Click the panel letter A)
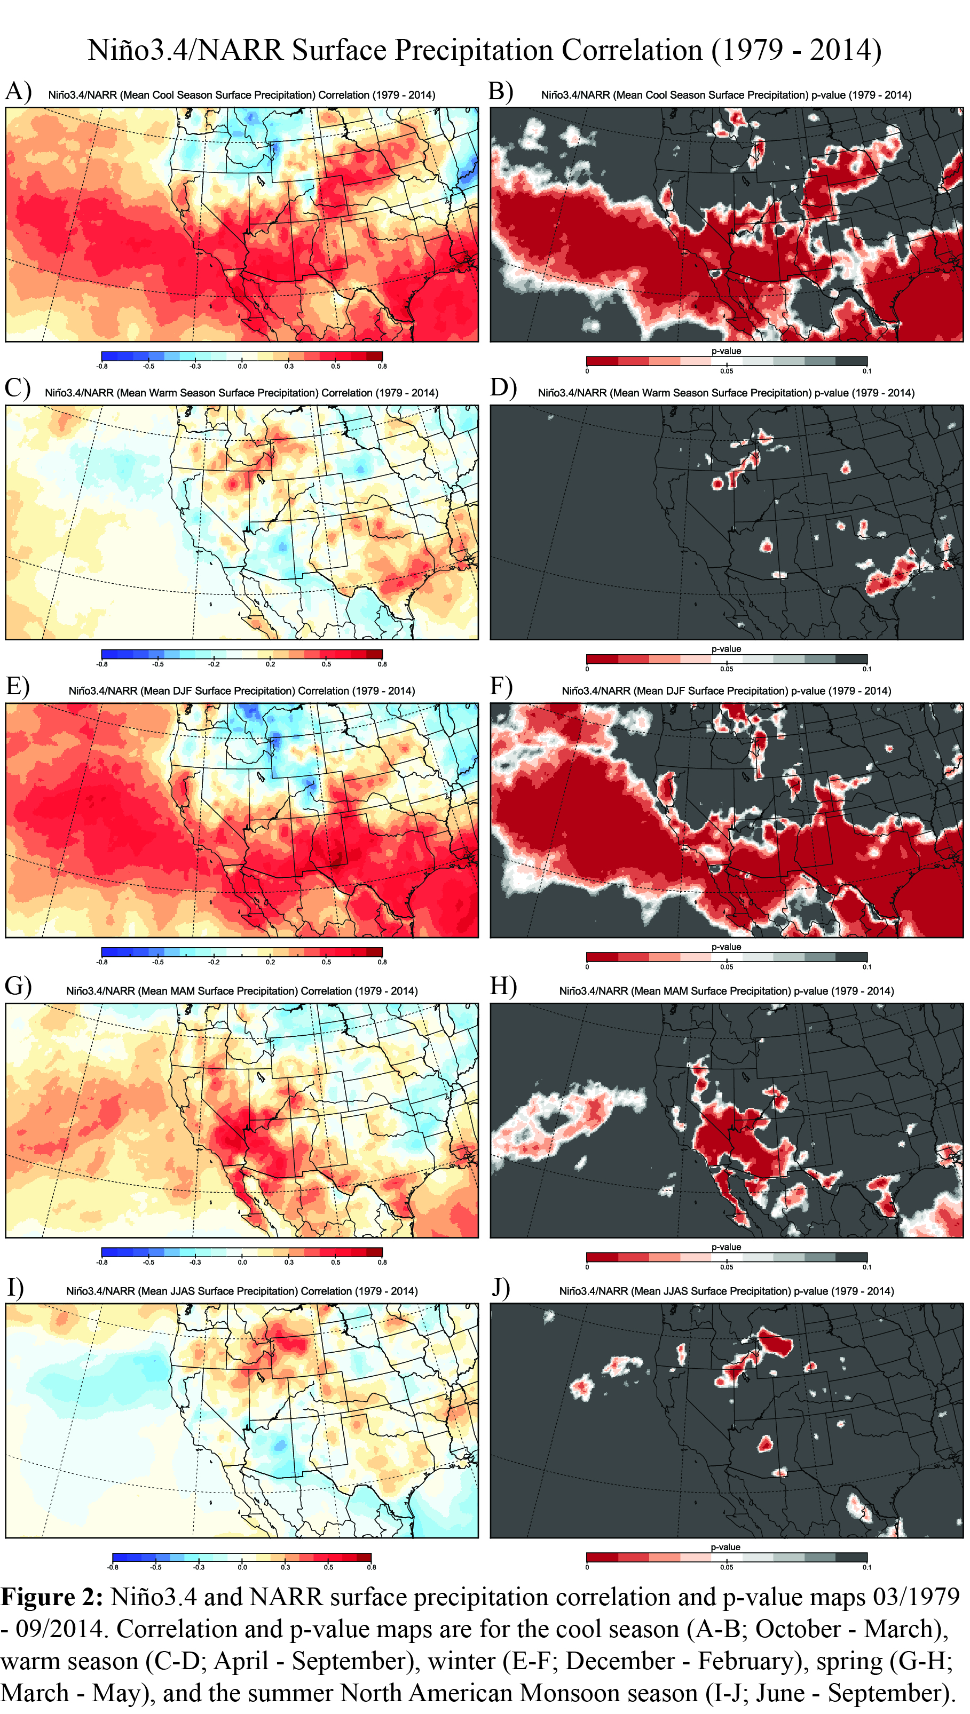(x=18, y=91)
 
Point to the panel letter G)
(x=18, y=986)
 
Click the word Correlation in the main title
(x=632, y=50)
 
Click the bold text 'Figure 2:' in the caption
(x=52, y=1597)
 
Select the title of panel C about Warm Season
(x=241, y=393)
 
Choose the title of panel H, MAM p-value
(x=726, y=991)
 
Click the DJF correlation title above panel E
(x=241, y=691)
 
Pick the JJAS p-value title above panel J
(x=726, y=1291)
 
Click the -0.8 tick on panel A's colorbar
(x=102, y=366)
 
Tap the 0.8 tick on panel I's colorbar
(x=371, y=1567)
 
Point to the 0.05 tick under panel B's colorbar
(x=726, y=371)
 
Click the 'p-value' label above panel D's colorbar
(x=726, y=648)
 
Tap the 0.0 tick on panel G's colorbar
(x=242, y=1262)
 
